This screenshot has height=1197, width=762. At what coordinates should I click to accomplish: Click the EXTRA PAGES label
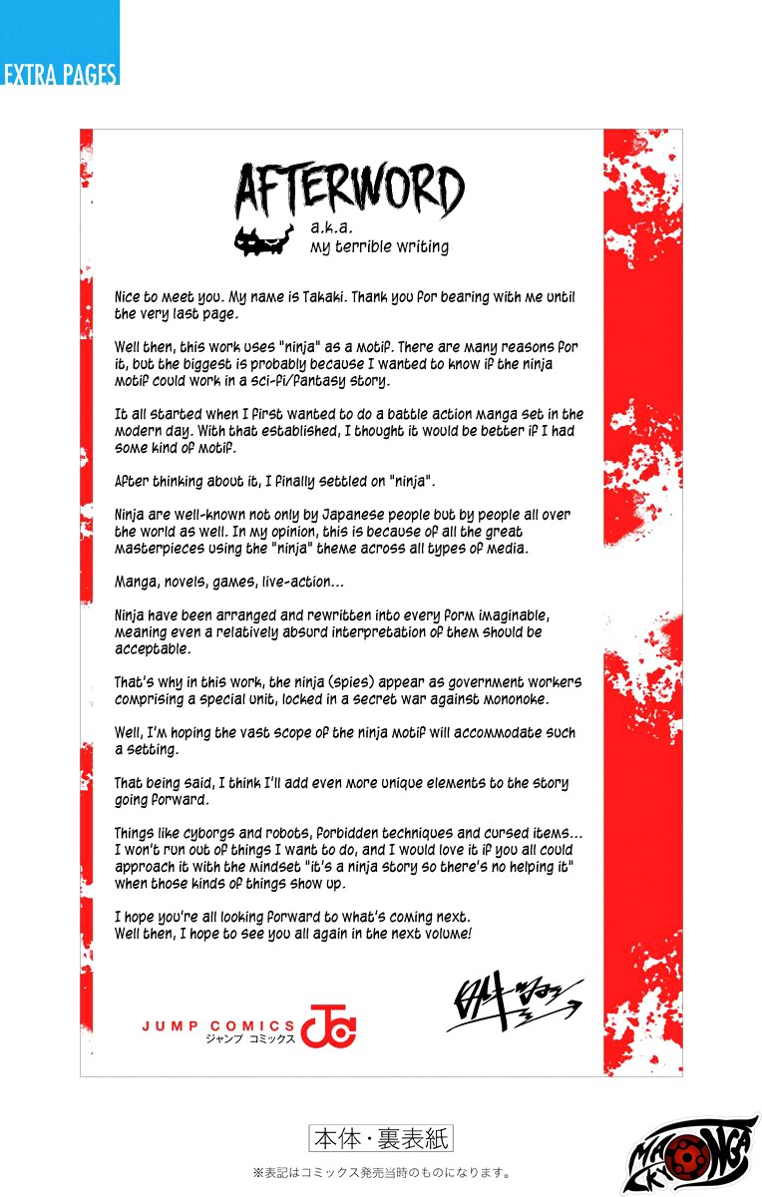click(60, 74)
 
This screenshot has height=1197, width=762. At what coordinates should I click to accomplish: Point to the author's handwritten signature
click(514, 1002)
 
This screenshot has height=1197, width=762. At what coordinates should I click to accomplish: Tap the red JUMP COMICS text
click(217, 1024)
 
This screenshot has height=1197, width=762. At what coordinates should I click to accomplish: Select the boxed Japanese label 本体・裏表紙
click(381, 1137)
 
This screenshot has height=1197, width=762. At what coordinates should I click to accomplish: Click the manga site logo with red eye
click(691, 1155)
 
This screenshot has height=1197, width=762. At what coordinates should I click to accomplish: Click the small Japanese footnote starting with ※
click(382, 1173)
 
